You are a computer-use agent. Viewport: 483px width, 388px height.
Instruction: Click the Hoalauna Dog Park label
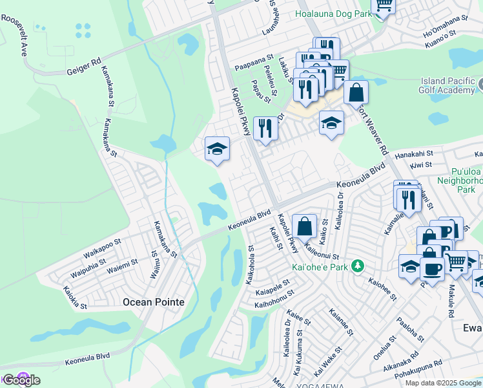(334, 13)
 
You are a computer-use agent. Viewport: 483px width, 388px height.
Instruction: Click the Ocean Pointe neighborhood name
(153, 302)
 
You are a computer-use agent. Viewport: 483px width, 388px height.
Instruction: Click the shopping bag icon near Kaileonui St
(304, 227)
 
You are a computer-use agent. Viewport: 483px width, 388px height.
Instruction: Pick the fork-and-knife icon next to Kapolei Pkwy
(265, 129)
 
